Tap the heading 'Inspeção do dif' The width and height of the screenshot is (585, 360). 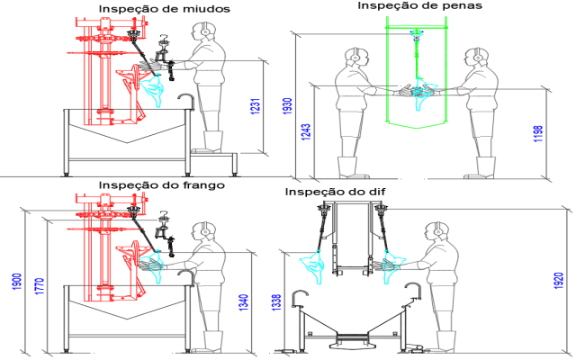pos(339,193)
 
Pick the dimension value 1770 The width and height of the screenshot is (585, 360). pos(40,286)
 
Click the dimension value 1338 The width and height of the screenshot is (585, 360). pos(276,303)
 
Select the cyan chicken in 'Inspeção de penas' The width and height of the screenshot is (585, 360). pos(419,91)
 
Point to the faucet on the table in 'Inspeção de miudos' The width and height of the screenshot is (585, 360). pos(185,99)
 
